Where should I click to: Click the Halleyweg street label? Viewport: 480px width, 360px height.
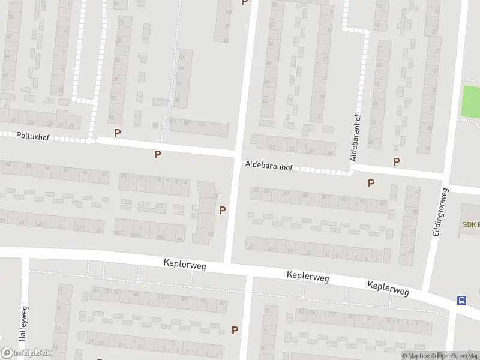24,323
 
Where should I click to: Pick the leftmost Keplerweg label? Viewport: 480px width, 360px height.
185,264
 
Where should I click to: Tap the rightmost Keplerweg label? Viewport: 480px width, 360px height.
388,289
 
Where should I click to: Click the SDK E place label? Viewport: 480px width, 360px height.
470,224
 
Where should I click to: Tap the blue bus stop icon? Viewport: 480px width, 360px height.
462,300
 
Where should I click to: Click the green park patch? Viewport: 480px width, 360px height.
470,102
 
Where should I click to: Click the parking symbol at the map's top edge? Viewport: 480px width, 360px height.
244,2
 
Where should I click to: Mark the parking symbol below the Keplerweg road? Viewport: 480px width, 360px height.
235,329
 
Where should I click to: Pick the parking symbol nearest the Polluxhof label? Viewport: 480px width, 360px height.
117,133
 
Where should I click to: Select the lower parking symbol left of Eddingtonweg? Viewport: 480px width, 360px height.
371,183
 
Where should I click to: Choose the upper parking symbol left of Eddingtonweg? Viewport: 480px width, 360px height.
396,161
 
